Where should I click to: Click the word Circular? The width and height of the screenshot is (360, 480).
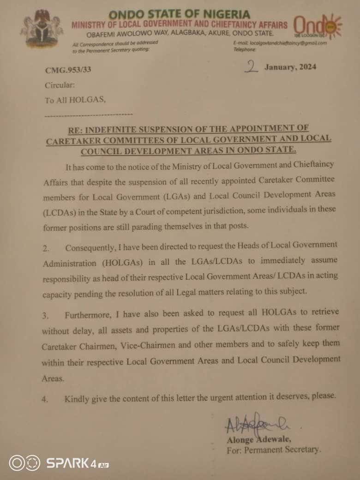pyautogui.click(x=59, y=85)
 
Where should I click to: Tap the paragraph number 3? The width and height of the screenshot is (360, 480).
pyautogui.click(x=45, y=316)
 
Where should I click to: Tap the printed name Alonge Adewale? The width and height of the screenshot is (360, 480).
pyautogui.click(x=258, y=439)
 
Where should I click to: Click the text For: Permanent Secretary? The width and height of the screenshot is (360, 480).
pyautogui.click(x=274, y=450)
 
